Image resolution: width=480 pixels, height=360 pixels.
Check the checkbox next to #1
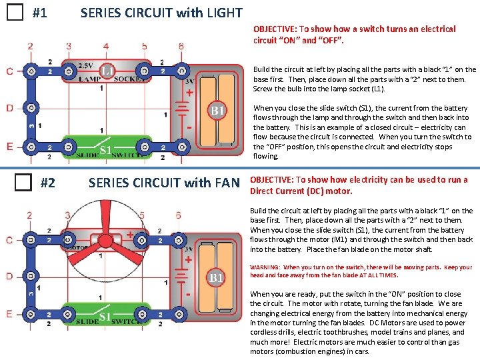pyautogui.click(x=14, y=13)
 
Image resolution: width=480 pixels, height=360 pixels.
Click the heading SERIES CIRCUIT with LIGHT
pyautogui.click(x=161, y=13)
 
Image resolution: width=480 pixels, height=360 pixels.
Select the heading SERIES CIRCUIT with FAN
pyautogui.click(x=163, y=182)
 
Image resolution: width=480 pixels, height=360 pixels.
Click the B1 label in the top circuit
pyautogui.click(x=217, y=109)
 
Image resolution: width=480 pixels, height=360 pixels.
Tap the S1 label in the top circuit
pyautogui.click(x=106, y=149)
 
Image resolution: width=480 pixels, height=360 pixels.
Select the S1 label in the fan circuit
pyautogui.click(x=106, y=317)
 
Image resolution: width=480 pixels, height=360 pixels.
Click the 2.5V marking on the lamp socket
pyautogui.click(x=85, y=65)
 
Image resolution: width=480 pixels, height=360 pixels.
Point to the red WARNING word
pyautogui.click(x=265, y=267)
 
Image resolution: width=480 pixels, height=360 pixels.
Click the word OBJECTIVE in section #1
pyautogui.click(x=275, y=29)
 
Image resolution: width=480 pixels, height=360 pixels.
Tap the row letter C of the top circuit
pyautogui.click(x=9, y=71)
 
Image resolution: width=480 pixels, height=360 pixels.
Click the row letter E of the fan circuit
pyautogui.click(x=9, y=313)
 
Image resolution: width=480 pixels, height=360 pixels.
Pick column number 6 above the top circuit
pyautogui.click(x=181, y=46)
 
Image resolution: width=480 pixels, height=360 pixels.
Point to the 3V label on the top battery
pyautogui.click(x=189, y=81)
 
